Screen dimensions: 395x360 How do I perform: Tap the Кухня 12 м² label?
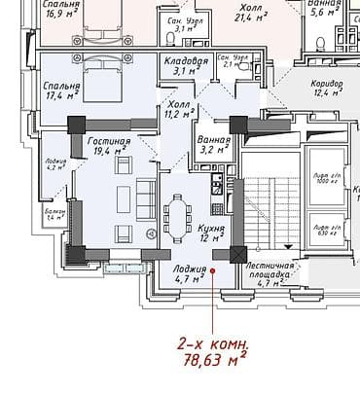click(211, 232)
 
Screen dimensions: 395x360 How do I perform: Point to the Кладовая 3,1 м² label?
click(186, 66)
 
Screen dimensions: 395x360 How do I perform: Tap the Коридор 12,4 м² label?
click(327, 90)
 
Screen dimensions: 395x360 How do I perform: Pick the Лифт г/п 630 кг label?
click(327, 230)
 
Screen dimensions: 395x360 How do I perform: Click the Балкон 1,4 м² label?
click(54, 216)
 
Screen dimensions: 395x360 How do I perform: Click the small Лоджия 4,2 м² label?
click(54, 163)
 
